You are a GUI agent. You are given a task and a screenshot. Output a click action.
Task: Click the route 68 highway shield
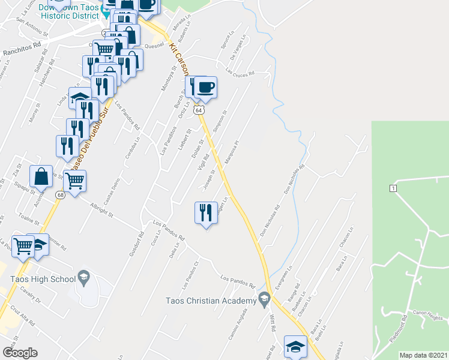(59, 195)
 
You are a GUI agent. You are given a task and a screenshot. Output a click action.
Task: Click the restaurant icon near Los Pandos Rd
(205, 212)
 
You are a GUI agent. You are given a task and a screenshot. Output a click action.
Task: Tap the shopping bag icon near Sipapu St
(41, 176)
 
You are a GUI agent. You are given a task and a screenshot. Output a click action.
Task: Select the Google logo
(20, 353)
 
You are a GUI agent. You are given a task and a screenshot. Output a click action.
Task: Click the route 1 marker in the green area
(393, 188)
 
